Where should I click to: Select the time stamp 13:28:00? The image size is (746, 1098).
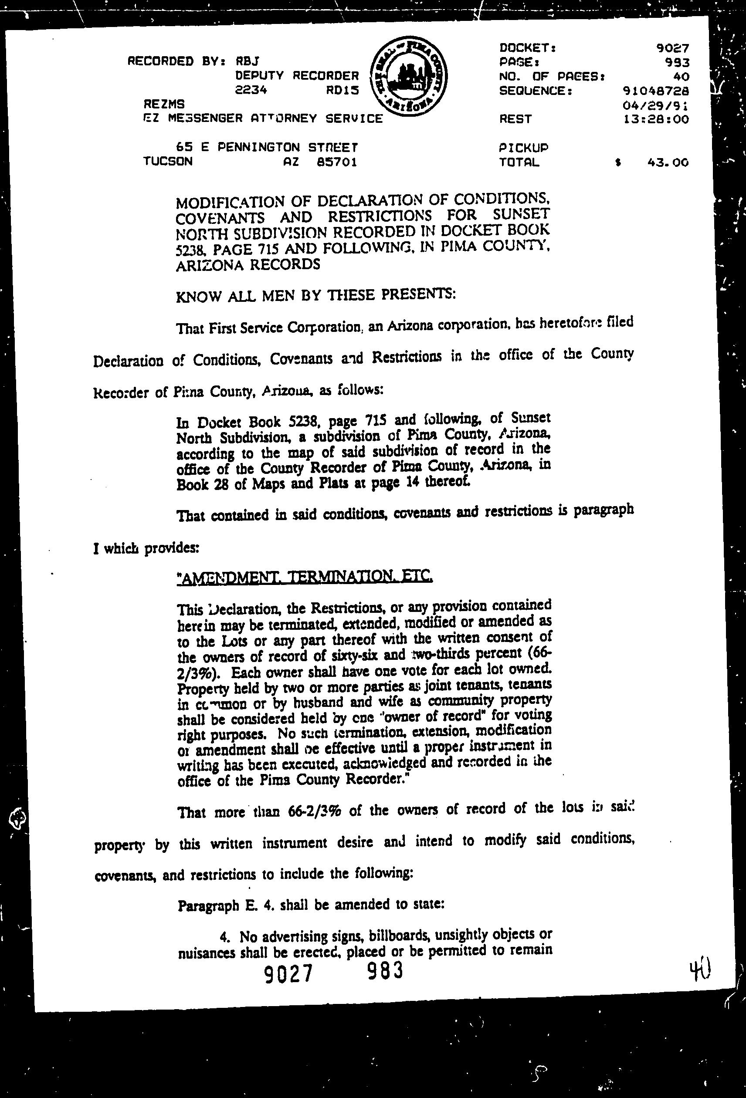(x=656, y=119)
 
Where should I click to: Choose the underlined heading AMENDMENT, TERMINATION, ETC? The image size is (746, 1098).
(x=304, y=577)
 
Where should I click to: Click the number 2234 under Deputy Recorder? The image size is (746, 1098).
(x=251, y=90)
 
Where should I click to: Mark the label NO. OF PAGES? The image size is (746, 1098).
(x=552, y=76)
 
